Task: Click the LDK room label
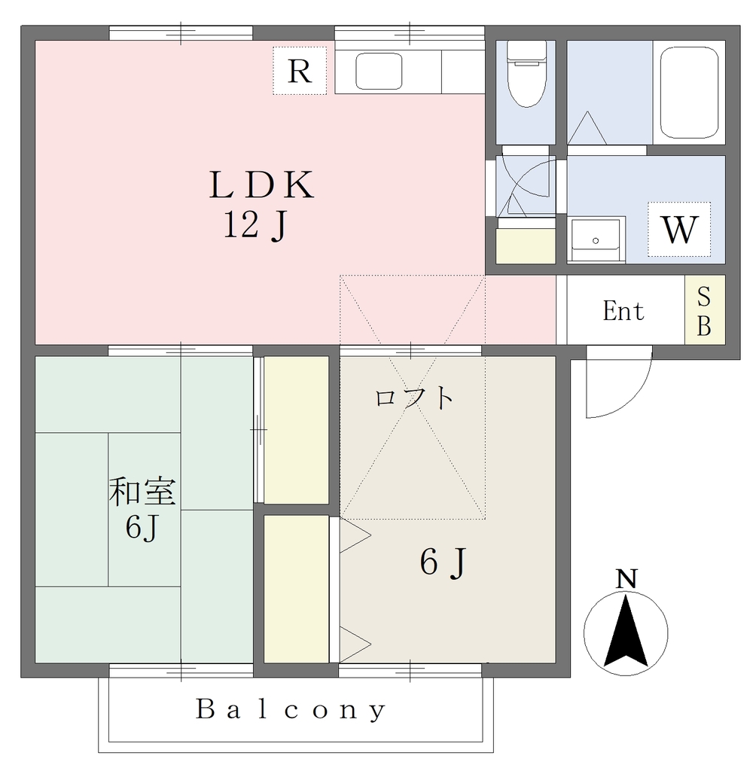click(262, 185)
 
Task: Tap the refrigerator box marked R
click(300, 71)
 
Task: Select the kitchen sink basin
click(379, 71)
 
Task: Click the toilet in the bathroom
click(526, 74)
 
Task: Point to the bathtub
click(689, 93)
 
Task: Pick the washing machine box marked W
click(679, 229)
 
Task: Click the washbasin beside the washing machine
click(596, 239)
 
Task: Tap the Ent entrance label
click(623, 311)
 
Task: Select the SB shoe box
click(705, 310)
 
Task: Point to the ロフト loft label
click(414, 398)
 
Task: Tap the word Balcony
click(291, 710)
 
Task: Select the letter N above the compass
click(626, 579)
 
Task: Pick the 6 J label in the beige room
click(443, 562)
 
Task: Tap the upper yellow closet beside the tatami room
click(296, 430)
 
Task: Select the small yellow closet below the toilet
click(526, 246)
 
